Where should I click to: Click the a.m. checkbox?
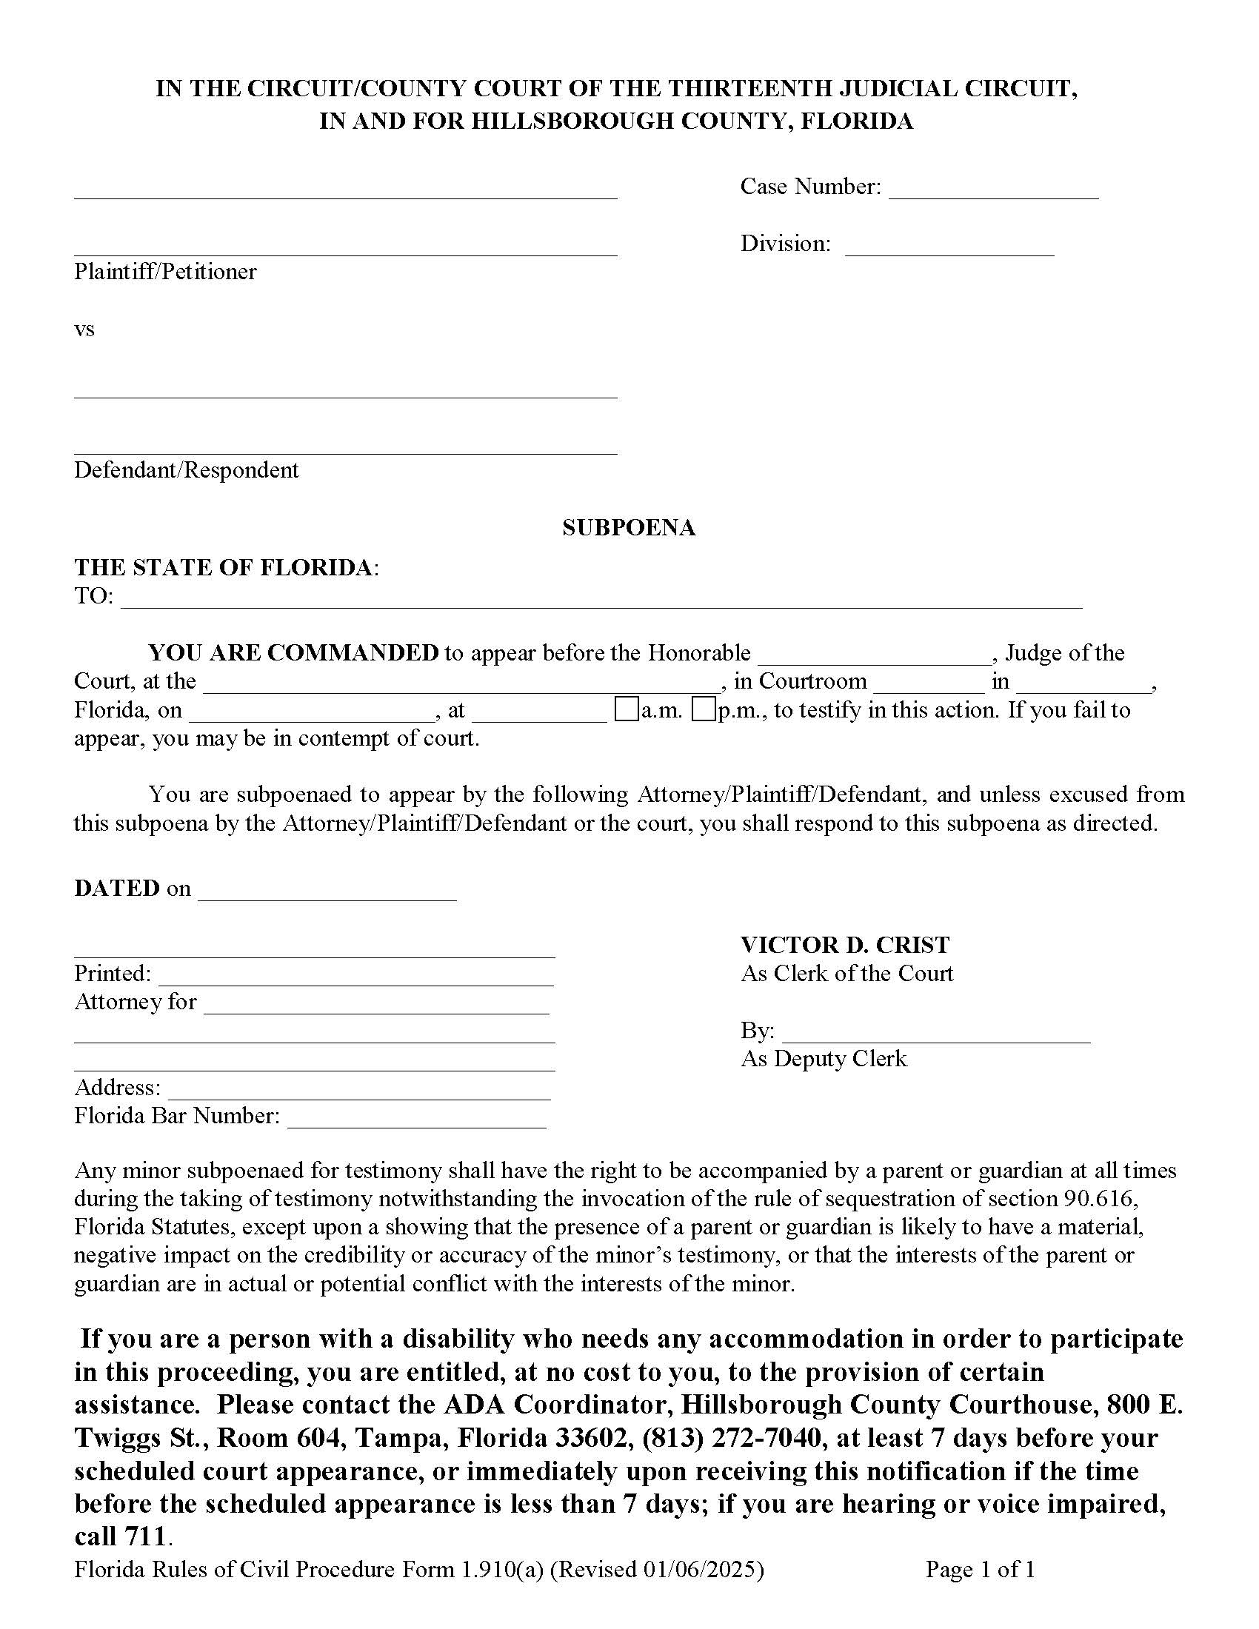[627, 709]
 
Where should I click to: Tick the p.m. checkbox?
[704, 709]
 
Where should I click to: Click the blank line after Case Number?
[993, 191]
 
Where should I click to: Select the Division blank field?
[949, 248]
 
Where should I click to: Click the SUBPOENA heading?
[629, 528]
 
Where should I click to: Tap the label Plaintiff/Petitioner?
[165, 272]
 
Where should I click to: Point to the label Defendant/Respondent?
[186, 470]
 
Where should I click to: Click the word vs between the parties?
[84, 330]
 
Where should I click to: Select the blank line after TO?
[601, 601]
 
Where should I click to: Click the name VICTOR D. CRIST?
[845, 945]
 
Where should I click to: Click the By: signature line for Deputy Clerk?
[936, 1035]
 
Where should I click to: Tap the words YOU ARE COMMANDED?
[293, 652]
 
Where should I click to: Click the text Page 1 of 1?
[980, 1570]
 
